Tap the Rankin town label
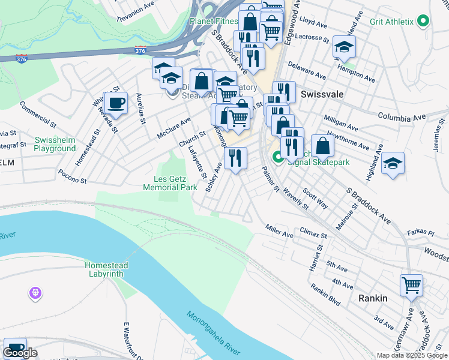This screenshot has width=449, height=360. [373, 298]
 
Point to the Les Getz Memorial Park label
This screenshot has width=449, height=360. [170, 183]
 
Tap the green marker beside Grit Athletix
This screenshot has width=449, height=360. [423, 22]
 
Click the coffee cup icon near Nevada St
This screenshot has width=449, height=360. [115, 103]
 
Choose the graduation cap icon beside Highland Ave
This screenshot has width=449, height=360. [393, 163]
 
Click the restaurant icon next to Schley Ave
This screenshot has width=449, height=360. [235, 158]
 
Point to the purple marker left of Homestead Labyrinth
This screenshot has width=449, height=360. [35, 293]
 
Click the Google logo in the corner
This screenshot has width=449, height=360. [20, 353]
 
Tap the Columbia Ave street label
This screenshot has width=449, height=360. [401, 115]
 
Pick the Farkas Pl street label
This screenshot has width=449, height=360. [422, 232]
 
